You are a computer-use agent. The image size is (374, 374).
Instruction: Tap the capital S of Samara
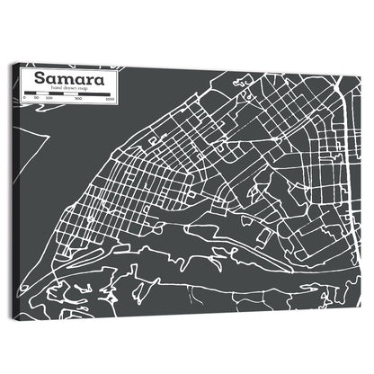coord(41,78)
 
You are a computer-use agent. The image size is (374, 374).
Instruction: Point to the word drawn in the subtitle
coord(67,88)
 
